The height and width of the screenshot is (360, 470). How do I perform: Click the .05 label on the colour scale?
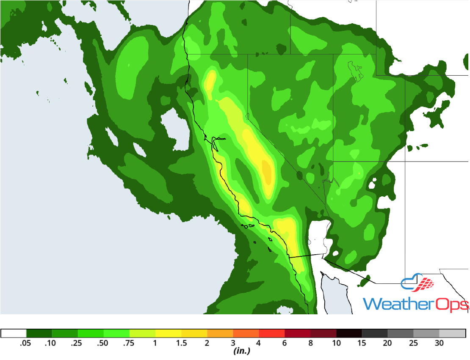[x=26, y=344]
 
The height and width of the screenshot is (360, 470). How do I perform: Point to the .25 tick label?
[x=77, y=344]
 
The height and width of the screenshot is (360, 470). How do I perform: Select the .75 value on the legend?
[x=129, y=344]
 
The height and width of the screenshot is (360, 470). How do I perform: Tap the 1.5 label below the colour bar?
[x=181, y=344]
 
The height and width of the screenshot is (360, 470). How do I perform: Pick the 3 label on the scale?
[x=233, y=344]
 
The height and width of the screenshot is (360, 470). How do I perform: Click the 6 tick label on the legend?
[x=285, y=344]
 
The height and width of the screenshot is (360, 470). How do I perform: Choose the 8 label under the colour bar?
[x=310, y=344]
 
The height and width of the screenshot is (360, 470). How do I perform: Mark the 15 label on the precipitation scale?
[x=362, y=344]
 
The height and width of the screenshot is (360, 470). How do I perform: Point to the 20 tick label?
[x=388, y=344]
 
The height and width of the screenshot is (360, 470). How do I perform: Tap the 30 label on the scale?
[x=440, y=344]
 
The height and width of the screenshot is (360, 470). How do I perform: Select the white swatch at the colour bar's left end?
[x=14, y=333]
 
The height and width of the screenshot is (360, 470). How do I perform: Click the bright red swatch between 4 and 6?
[x=271, y=333]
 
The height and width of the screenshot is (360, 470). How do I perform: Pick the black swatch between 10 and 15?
[x=349, y=333]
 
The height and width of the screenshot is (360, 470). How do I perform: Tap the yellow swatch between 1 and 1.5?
[x=168, y=333]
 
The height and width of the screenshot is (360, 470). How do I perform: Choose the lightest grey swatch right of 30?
[x=452, y=333]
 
